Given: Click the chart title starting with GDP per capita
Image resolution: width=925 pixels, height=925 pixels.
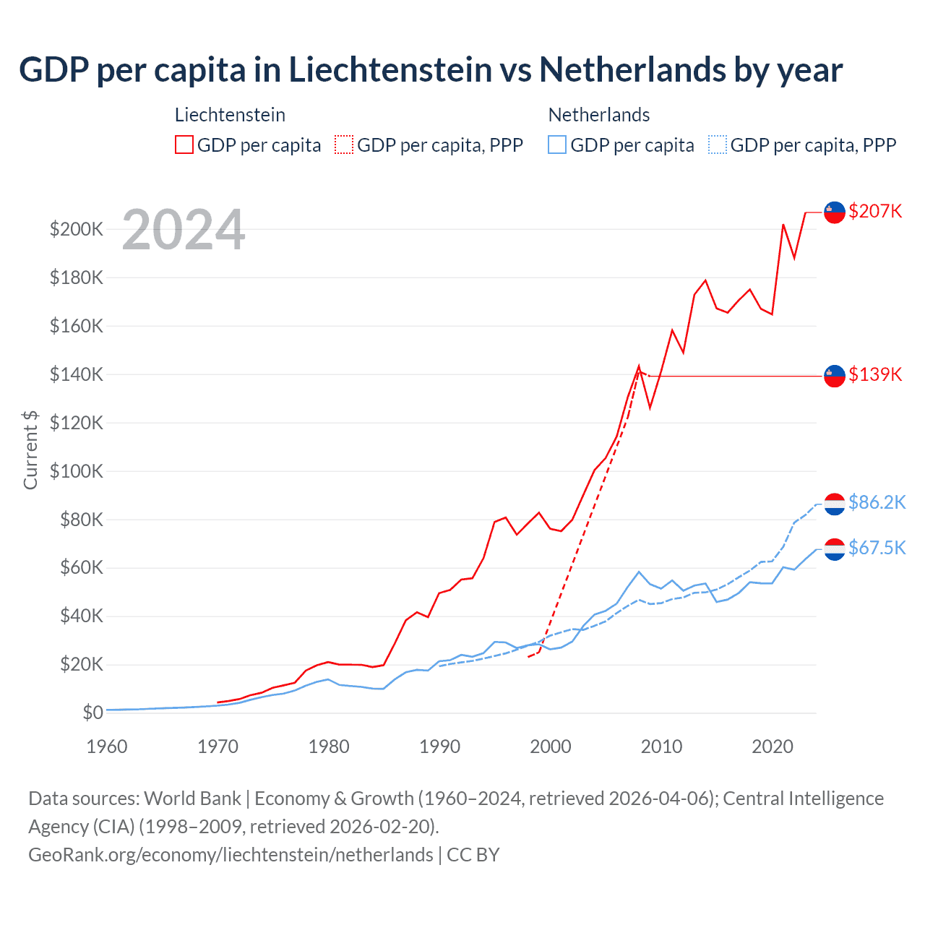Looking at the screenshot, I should (x=431, y=70).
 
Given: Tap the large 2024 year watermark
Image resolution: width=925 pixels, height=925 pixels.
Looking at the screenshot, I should (x=184, y=230).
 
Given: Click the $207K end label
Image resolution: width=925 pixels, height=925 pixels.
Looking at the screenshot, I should (x=875, y=211).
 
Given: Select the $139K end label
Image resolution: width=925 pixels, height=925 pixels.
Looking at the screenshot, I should (x=875, y=374).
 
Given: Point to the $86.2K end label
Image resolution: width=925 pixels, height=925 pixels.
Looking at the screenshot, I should (x=877, y=502).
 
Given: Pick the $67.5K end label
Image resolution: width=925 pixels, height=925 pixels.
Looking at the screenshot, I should (x=877, y=548).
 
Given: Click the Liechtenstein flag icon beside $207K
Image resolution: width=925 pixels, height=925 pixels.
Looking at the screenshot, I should (x=835, y=212).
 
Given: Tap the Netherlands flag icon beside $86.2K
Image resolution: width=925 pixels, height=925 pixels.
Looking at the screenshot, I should (x=835, y=504).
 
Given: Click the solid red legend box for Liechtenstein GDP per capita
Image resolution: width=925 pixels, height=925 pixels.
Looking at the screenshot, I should (x=184, y=145).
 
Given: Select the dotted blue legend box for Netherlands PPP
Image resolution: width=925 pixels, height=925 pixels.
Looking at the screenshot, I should (x=718, y=145).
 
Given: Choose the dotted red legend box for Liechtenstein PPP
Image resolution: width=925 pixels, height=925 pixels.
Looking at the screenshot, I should (x=344, y=145).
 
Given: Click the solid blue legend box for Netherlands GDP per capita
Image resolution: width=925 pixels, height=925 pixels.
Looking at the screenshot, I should (x=557, y=145).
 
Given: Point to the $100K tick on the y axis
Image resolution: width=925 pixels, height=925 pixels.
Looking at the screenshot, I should (x=77, y=471).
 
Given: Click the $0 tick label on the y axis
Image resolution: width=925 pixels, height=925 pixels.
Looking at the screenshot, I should (x=92, y=713).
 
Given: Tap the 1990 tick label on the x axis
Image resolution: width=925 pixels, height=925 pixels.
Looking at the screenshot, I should (x=439, y=747).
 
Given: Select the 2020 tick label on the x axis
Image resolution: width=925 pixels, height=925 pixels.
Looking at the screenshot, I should (x=773, y=747).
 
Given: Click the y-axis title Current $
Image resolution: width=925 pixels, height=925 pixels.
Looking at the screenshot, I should (x=30, y=449).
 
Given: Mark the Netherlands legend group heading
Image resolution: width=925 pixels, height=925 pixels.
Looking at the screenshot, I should (x=598, y=115).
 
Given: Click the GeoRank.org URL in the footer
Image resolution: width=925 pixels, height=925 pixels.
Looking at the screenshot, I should (x=231, y=855).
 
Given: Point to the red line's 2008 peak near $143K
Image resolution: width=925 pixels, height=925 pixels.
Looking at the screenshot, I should (x=639, y=366).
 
